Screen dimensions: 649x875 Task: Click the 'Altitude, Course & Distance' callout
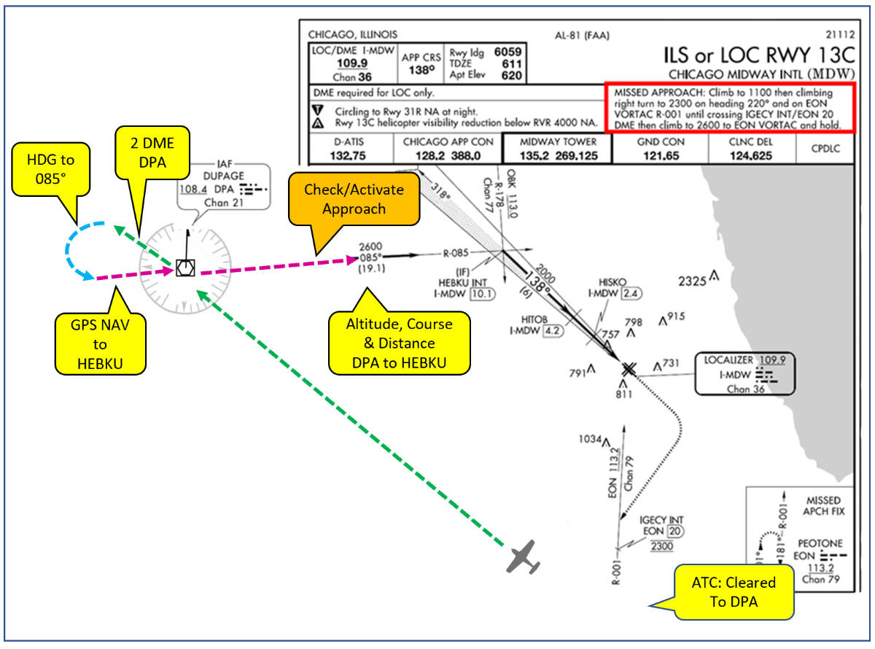pyautogui.click(x=399, y=342)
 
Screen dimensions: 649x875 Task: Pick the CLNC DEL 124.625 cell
pyautogui.click(x=752, y=149)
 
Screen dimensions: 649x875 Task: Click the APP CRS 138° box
pyautogui.click(x=421, y=64)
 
